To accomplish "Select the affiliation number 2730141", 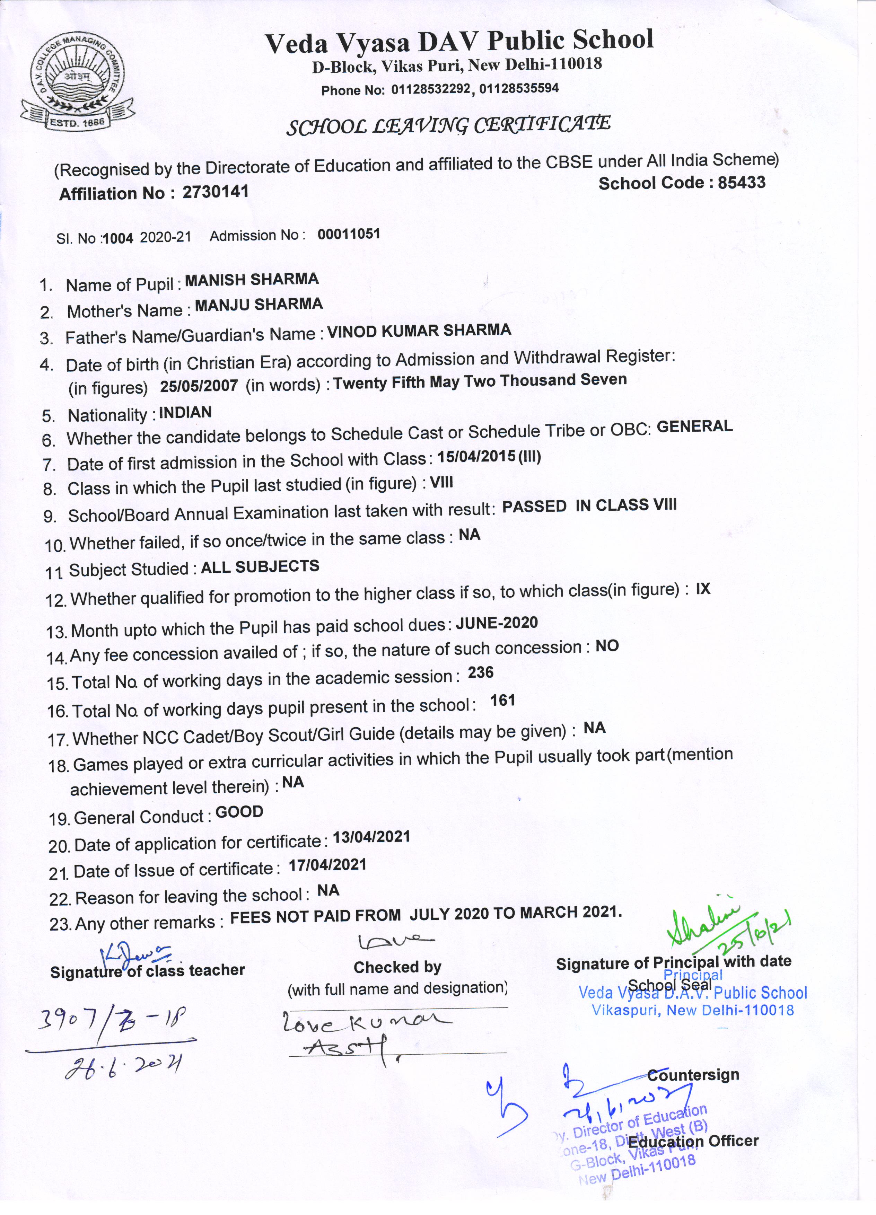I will point(216,191).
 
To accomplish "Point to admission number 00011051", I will point(349,234).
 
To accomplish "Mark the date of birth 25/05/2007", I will point(198,386).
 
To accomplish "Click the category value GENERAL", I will point(694,426).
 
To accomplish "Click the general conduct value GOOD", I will point(239,812).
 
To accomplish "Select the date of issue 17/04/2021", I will point(327,865).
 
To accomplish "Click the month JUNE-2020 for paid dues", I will point(497,623).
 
